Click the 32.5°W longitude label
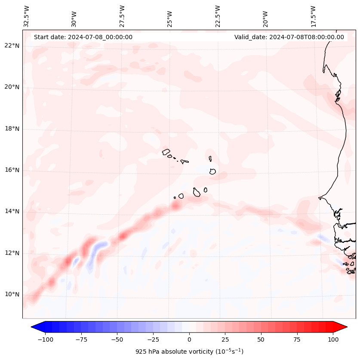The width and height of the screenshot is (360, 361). point(27,16)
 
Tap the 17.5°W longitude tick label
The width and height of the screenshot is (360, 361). point(313,16)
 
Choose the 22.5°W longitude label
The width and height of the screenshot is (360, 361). point(218,16)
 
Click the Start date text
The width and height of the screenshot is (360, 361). point(83,37)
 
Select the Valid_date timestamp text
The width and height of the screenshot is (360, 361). point(289,37)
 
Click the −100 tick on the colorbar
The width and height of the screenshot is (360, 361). point(45,339)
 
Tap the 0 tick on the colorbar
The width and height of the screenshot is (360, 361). point(189,339)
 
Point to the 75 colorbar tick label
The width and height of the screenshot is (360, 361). point(297,339)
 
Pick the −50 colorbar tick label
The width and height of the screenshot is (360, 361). point(117,339)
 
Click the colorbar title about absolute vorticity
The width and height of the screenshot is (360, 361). point(189,352)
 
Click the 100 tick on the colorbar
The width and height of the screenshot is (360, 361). point(333,339)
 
